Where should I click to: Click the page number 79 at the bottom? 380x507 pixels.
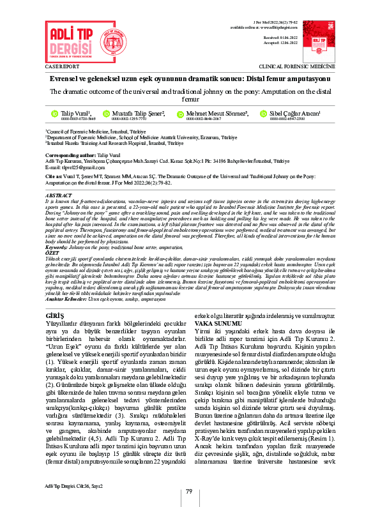point(189,490)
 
